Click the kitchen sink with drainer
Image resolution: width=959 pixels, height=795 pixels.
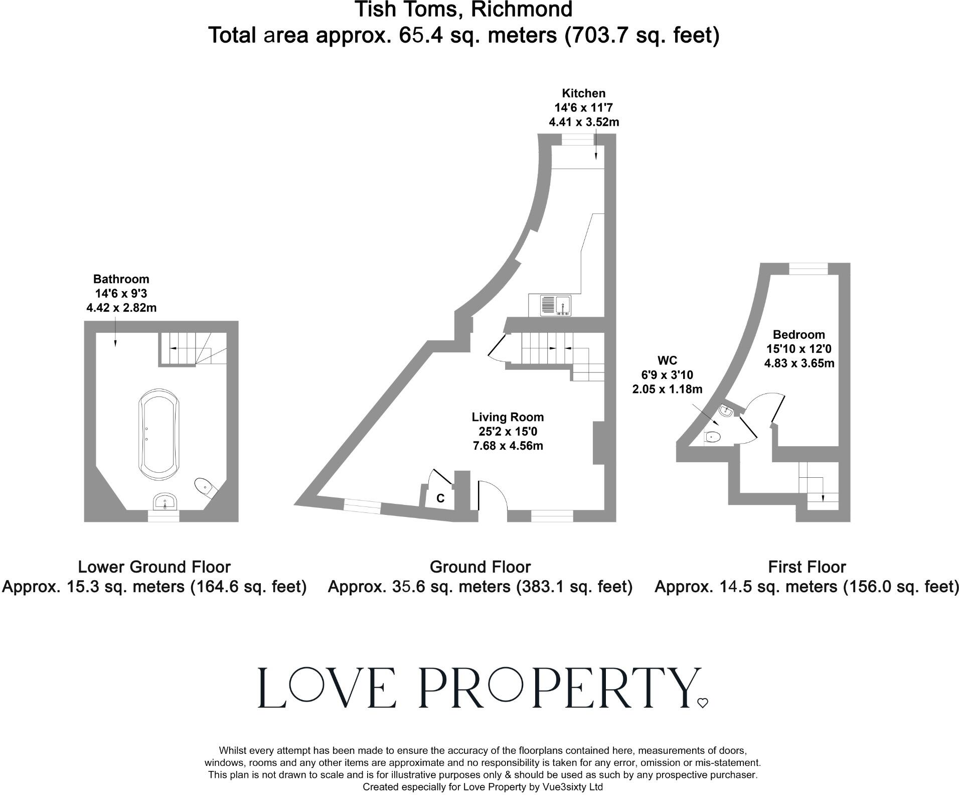coord(556,306)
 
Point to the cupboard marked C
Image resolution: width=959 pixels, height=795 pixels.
coord(440,498)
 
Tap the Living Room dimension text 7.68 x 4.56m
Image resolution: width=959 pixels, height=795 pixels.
coord(508,446)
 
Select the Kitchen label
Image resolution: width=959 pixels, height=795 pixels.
coord(583,93)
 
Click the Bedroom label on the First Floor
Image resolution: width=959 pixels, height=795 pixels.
coord(798,335)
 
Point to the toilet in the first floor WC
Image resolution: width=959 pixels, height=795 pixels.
coord(712,438)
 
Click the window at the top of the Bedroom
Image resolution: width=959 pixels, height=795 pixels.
coord(808,269)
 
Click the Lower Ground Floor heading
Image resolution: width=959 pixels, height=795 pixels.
coord(154,567)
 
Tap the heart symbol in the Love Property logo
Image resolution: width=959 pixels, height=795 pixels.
coord(702,703)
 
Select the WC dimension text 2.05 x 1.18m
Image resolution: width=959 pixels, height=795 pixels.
coord(667,389)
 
